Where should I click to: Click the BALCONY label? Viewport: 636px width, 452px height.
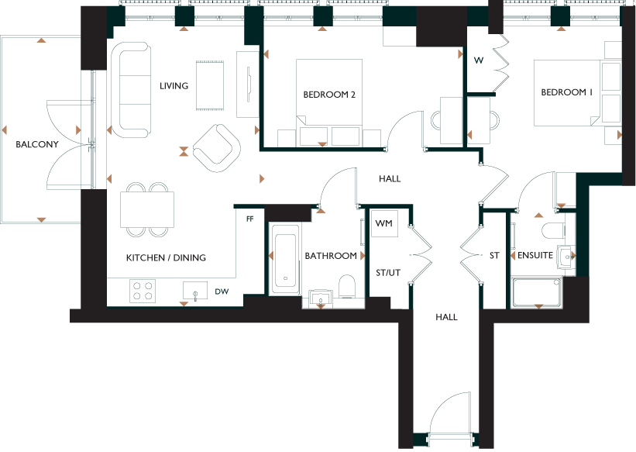point(37,144)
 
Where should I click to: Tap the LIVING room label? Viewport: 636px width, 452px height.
point(174,86)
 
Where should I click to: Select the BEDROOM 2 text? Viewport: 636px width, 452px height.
point(329,95)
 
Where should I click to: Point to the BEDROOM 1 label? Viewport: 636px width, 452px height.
point(566,92)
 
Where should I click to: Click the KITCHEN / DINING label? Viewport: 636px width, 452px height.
point(166,257)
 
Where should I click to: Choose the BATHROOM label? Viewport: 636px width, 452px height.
point(331,256)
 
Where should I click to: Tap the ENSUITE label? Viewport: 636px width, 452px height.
point(535,255)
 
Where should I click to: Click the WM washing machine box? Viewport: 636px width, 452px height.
point(384,223)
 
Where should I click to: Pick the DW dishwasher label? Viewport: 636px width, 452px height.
point(222,292)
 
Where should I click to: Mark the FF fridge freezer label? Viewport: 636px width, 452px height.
point(250,219)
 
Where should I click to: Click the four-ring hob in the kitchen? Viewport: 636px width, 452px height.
point(143,291)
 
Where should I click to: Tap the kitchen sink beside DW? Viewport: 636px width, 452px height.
point(195,291)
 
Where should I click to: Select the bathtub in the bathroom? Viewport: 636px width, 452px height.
point(285,259)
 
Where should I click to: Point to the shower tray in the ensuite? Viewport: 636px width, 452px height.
point(537,292)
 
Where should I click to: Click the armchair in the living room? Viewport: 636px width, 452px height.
point(217,148)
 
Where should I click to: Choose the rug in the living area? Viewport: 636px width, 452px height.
point(210,85)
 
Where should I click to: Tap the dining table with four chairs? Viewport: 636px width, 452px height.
point(147,209)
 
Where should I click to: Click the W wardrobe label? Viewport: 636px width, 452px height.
point(479,60)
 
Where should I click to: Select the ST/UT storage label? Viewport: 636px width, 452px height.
point(388,273)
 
